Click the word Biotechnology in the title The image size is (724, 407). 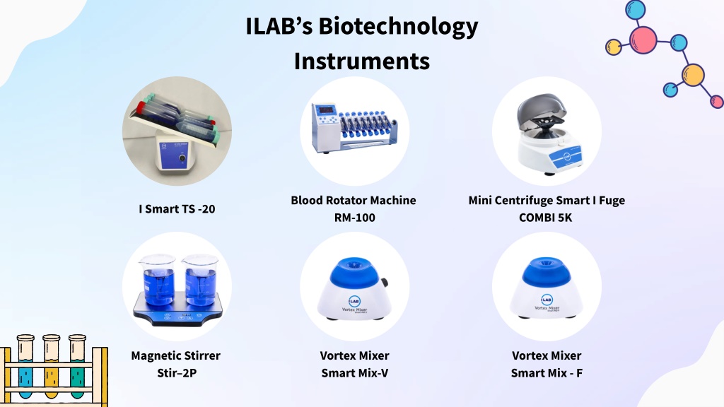point(398,27)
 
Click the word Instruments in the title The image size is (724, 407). point(362,61)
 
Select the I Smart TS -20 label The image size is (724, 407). point(177,209)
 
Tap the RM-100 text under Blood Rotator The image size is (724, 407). point(355,218)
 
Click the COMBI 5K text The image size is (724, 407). point(545,218)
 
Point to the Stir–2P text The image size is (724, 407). point(177,373)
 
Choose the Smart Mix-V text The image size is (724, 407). point(355,373)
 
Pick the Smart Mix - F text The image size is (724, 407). point(547,373)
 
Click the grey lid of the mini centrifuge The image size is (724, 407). point(541,110)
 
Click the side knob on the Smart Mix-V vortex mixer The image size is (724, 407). point(384,283)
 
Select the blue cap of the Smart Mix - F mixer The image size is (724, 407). point(547,271)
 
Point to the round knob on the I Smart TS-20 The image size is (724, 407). point(182,158)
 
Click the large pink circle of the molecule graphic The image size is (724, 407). point(643,40)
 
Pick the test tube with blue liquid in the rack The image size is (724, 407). point(25,367)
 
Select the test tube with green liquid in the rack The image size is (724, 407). point(77,367)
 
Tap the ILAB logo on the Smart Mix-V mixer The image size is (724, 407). point(355,301)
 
